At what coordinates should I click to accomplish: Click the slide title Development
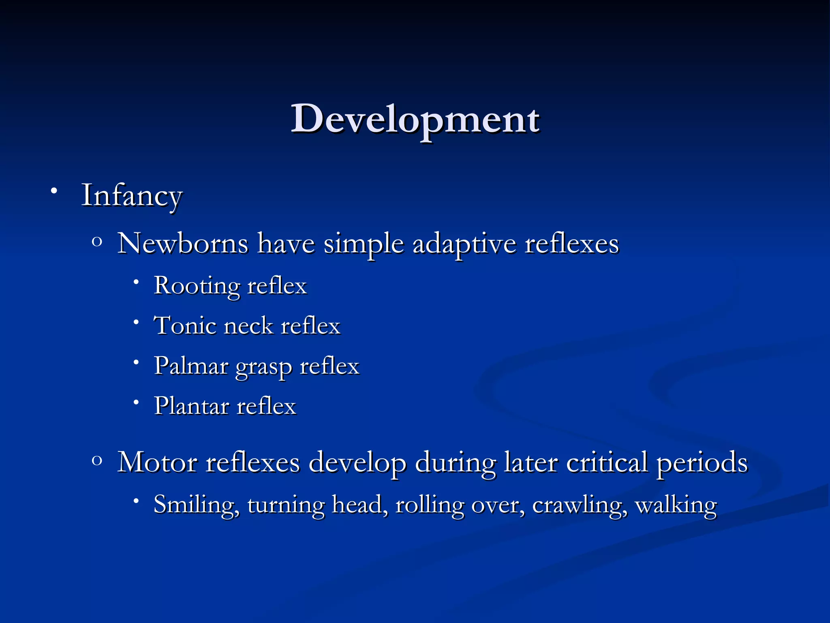pos(415,119)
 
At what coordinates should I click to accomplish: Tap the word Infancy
pos(132,196)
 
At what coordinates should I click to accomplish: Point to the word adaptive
pos(464,245)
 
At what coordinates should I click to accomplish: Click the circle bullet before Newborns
pos(96,242)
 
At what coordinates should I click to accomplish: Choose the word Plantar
pos(191,406)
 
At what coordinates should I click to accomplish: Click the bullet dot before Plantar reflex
pos(137,402)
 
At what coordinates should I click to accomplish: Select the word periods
pos(702,463)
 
